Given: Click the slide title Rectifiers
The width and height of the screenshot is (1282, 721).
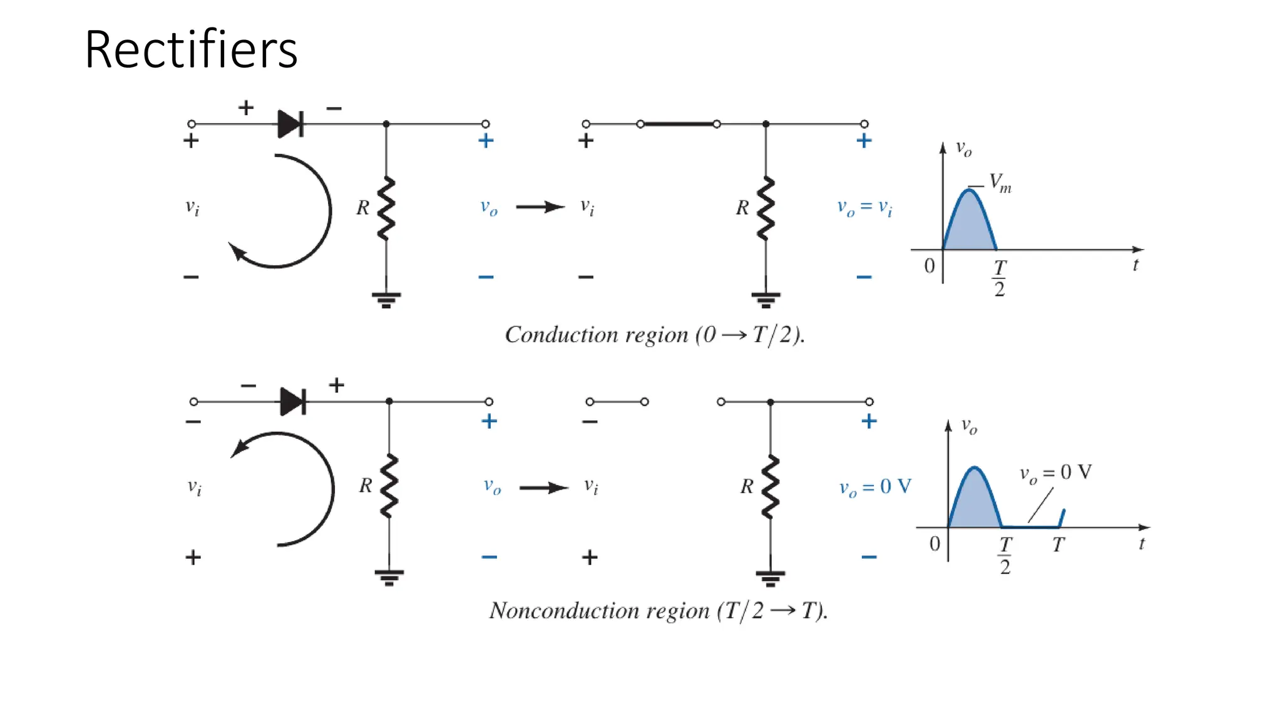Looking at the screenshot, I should [191, 49].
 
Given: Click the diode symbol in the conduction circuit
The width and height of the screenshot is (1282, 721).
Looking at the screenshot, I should [290, 124].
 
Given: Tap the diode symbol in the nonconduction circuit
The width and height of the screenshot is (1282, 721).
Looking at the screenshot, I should [293, 401].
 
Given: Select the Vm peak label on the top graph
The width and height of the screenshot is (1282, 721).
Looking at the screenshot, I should [1000, 183].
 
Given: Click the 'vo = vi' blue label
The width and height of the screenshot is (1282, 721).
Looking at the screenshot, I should [864, 207].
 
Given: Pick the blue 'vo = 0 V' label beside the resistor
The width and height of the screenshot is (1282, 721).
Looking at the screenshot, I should [874, 487].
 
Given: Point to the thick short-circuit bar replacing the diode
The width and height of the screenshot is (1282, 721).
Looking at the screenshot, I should [679, 124].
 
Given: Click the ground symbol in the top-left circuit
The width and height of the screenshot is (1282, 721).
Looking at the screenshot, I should [386, 300].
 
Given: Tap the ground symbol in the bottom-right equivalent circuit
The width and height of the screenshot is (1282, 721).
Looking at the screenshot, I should [770, 578].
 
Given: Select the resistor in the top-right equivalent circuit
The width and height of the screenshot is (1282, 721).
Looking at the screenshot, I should [766, 208].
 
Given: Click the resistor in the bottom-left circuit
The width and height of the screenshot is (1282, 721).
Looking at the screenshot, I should [389, 486].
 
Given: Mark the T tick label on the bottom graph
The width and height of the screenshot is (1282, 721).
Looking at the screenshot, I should [1058, 545].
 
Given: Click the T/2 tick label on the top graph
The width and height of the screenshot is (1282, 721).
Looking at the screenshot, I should [1000, 278].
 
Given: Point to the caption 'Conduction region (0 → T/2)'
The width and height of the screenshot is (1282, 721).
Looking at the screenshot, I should [654, 335].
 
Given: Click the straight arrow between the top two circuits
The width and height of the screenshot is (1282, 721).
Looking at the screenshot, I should [540, 207].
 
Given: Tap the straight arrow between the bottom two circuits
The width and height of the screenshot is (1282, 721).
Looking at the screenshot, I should [543, 488].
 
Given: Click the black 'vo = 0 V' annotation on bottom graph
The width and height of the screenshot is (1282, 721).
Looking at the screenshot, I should [1055, 473].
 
